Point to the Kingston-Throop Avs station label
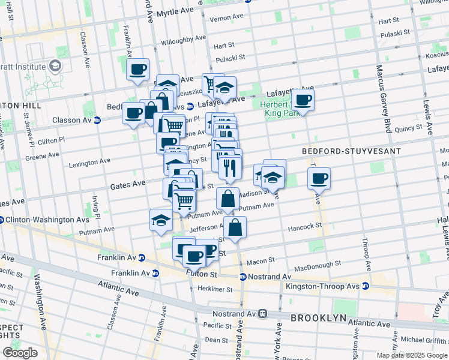tap(323, 287)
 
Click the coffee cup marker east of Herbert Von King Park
tap(303, 100)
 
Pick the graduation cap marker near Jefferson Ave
tap(161, 220)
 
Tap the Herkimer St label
tap(214, 289)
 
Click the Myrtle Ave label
tap(175, 12)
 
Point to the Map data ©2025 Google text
tap(412, 355)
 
